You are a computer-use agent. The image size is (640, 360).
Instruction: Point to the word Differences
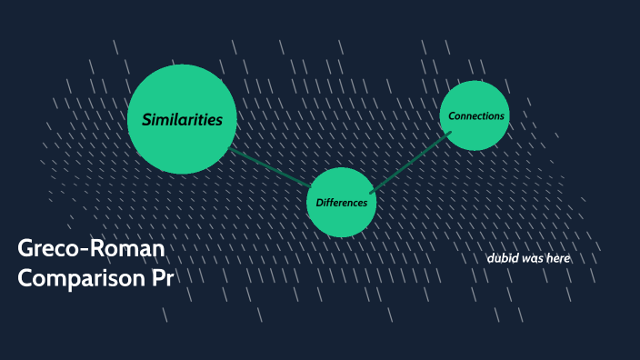(x=342, y=202)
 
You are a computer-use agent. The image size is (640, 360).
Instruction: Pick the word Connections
(x=476, y=115)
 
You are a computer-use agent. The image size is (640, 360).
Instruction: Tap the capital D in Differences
(x=319, y=202)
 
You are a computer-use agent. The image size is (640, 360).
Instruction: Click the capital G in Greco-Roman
(x=28, y=249)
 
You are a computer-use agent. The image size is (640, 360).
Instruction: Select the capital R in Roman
(x=100, y=249)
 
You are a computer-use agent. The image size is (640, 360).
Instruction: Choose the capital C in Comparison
(x=27, y=278)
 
